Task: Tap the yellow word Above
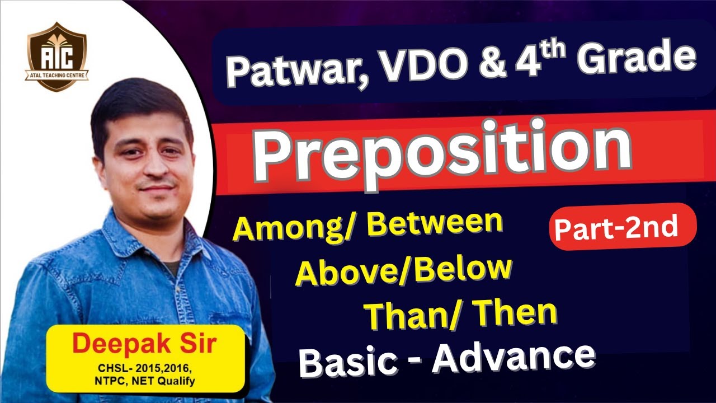point(343,273)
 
